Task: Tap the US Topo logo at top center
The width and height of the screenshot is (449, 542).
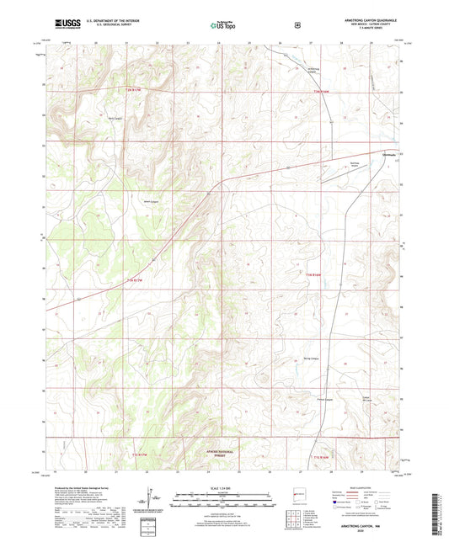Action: point(223,25)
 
